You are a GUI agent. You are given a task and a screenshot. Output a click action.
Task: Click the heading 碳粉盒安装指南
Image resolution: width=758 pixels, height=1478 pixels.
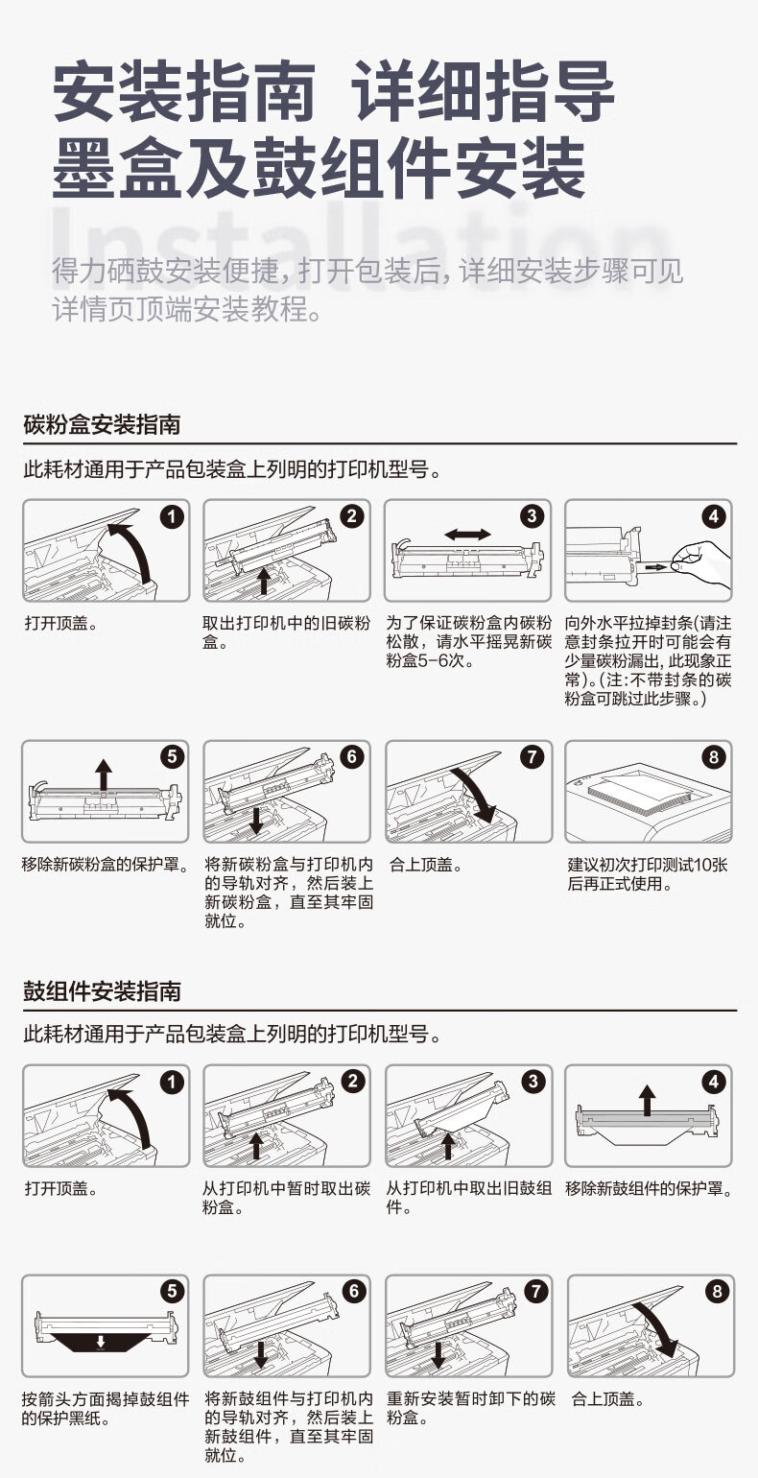103,424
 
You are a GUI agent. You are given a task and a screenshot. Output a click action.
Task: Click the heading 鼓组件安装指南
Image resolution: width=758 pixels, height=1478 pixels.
103,990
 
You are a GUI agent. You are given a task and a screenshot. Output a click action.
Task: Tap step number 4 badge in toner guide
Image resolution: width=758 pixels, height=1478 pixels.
713,516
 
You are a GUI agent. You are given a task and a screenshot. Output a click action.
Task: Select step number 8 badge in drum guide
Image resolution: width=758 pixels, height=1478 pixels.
717,1291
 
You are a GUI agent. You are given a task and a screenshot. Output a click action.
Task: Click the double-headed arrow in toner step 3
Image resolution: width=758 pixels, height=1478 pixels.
467,534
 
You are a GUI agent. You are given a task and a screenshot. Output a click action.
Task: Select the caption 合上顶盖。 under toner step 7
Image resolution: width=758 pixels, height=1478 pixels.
425,865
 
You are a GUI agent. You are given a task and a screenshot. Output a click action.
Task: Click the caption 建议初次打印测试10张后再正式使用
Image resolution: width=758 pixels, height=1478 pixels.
647,873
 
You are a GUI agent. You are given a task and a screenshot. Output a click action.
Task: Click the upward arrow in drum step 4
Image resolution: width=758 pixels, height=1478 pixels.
648,1101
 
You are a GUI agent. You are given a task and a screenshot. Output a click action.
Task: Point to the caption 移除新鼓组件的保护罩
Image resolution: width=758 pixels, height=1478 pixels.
650,1188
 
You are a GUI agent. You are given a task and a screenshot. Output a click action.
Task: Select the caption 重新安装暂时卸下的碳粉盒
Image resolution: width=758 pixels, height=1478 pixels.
471,1407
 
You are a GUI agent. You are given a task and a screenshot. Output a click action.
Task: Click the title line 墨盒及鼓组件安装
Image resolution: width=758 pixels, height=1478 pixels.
318,168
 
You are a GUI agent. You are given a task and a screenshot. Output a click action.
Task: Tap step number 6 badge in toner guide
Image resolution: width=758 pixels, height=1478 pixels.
351,756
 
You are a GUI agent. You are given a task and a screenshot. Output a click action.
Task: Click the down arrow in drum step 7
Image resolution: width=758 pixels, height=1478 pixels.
438,1351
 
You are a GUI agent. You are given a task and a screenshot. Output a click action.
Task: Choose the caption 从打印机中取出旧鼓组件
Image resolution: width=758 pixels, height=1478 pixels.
469,1198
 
